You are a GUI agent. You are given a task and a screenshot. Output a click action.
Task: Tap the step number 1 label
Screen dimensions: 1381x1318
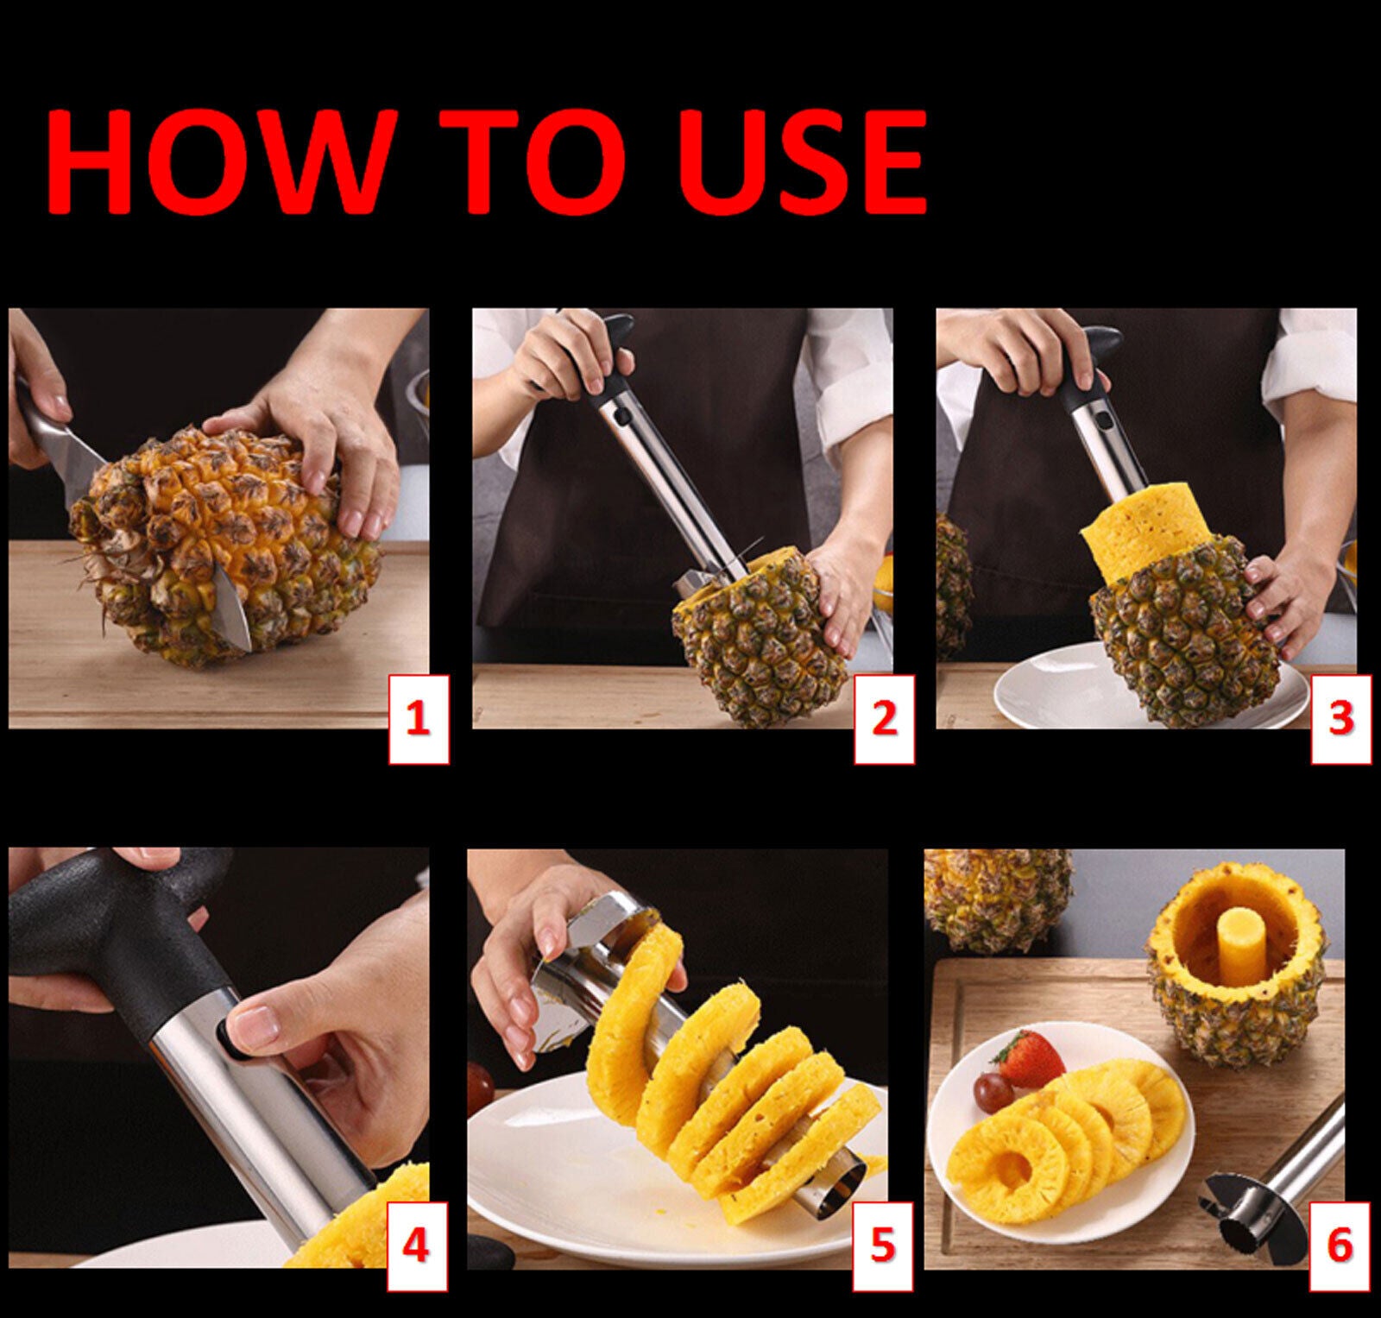(x=418, y=719)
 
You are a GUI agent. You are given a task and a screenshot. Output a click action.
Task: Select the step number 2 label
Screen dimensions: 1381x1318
(x=885, y=719)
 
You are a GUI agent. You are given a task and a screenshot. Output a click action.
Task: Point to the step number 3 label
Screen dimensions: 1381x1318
(x=1340, y=719)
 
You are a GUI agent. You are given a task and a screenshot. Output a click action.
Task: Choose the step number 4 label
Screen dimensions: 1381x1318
(x=418, y=1248)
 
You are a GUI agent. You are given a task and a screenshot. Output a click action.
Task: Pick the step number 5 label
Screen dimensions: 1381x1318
(x=883, y=1248)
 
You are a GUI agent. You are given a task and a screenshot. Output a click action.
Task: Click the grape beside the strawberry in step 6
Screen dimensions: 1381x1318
(x=987, y=1089)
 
